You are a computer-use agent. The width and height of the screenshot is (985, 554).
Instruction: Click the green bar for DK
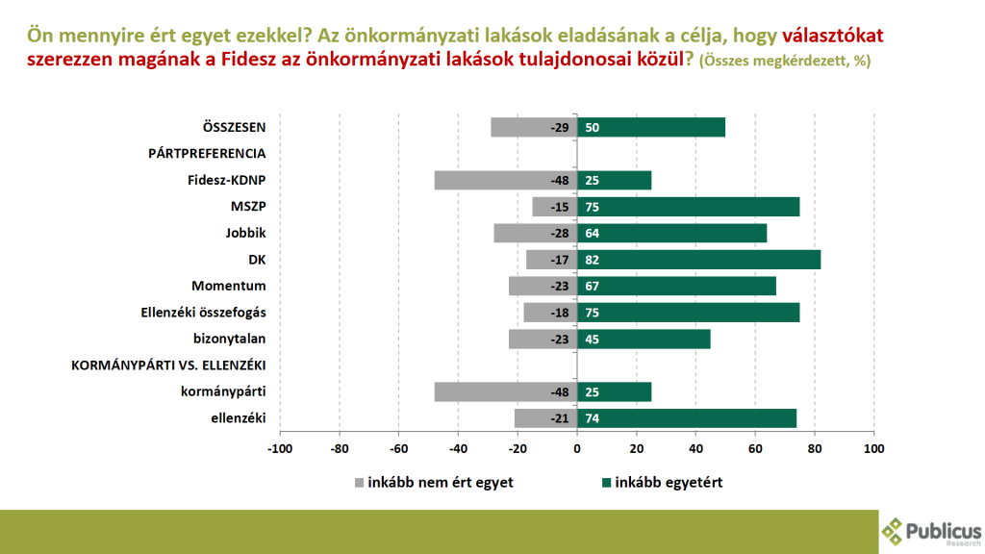click(x=698, y=260)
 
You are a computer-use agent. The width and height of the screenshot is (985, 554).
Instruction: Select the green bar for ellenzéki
click(x=688, y=417)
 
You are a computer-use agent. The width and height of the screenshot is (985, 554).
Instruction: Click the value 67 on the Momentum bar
click(x=593, y=286)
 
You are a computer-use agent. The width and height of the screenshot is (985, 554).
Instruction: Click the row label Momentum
click(x=228, y=286)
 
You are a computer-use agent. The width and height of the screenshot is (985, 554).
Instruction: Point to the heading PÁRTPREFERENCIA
click(x=207, y=153)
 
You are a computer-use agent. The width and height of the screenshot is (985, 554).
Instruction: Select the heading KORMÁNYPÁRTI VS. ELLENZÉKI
click(x=169, y=365)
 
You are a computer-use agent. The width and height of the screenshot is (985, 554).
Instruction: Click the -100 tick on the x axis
click(x=280, y=448)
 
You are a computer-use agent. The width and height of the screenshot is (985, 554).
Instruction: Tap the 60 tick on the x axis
click(x=755, y=448)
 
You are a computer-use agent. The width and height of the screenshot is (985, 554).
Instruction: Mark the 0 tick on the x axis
click(x=577, y=448)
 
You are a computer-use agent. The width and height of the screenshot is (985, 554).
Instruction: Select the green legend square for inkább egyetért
click(x=605, y=483)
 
